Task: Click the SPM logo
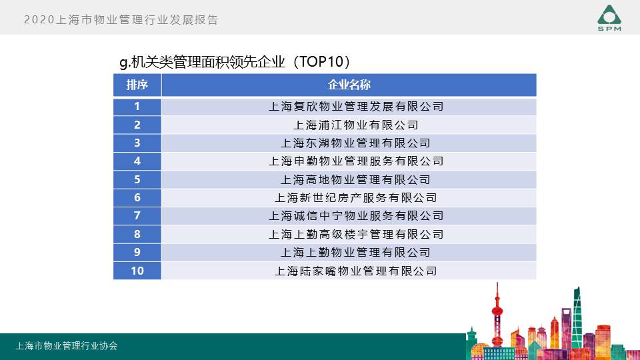[609, 18]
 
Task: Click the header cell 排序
[137, 85]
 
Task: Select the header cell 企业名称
[349, 85]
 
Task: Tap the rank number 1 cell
[137, 107]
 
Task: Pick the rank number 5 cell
[137, 179]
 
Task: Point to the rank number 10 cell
[137, 271]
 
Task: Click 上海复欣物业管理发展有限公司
[356, 107]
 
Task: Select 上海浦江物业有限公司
[356, 125]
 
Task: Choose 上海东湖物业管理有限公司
[356, 143]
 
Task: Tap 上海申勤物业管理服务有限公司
[356, 161]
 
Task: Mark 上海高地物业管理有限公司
[356, 179]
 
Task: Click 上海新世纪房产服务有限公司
[356, 198]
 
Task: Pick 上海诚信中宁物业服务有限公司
[356, 216]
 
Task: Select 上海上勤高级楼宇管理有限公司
[356, 234]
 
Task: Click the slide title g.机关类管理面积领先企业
[202, 62]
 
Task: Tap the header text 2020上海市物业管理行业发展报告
[121, 19]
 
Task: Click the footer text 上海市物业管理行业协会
[67, 346]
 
